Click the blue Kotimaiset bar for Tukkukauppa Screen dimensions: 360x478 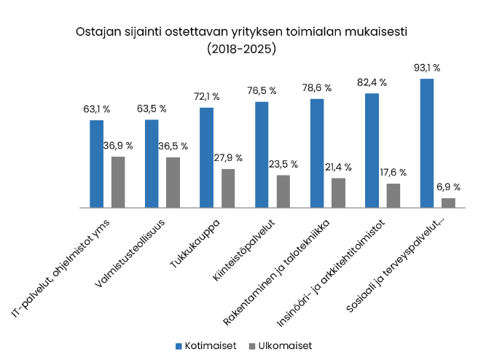[206, 157]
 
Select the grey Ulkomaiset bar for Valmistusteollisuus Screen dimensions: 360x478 [173, 182]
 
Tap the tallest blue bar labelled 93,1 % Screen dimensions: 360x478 [427, 143]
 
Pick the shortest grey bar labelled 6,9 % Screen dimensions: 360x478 [448, 203]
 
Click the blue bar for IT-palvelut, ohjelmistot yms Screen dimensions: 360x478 [96, 164]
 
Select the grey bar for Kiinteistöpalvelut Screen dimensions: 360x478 [283, 191]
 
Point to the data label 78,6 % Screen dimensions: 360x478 [317, 87]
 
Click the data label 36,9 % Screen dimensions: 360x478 [117, 146]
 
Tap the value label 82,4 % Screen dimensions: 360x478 [372, 82]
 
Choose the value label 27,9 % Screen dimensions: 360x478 [228, 158]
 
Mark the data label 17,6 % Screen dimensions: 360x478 [393, 173]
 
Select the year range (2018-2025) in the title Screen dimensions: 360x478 [240, 50]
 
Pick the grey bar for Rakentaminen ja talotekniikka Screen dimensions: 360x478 [338, 192]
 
